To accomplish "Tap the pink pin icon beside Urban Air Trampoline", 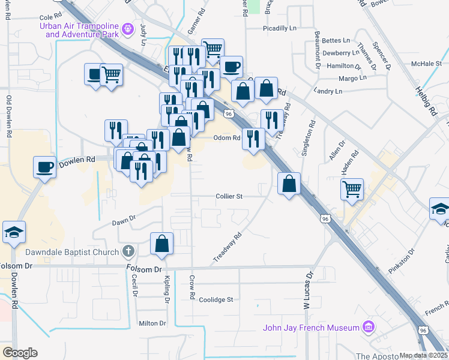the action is [127, 28].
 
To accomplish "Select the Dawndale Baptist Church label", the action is [73, 252].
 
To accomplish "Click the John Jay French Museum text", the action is [311, 328].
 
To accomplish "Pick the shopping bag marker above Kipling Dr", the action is [161, 244].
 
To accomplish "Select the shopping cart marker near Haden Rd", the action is [352, 189].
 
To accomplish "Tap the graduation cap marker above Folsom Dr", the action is [14, 232].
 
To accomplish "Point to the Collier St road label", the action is [229, 196].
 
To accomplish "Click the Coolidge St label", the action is [216, 299].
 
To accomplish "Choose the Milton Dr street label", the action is [152, 323].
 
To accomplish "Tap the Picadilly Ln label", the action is [280, 28].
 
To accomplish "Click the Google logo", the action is [19, 353].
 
